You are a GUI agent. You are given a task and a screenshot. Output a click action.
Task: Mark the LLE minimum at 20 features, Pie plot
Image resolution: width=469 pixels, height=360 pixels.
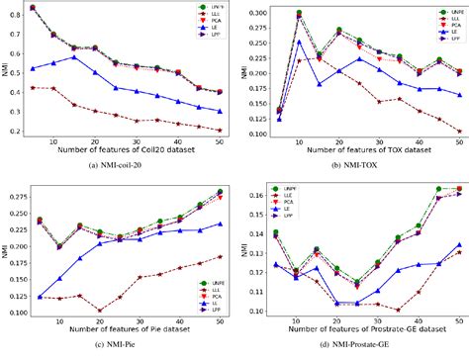point(99,310)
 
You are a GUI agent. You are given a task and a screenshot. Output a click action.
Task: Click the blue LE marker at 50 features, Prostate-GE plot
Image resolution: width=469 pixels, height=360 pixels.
point(461,272)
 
